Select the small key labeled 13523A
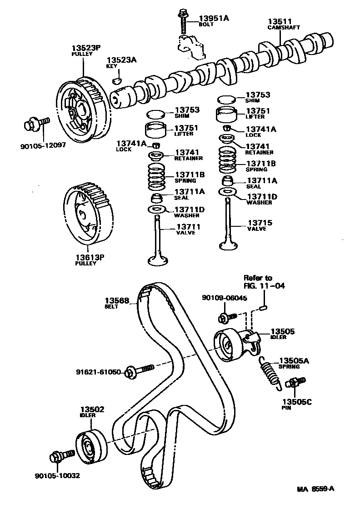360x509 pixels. (116, 81)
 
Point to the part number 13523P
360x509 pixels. (85, 47)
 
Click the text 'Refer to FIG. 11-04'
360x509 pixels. (258, 282)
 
